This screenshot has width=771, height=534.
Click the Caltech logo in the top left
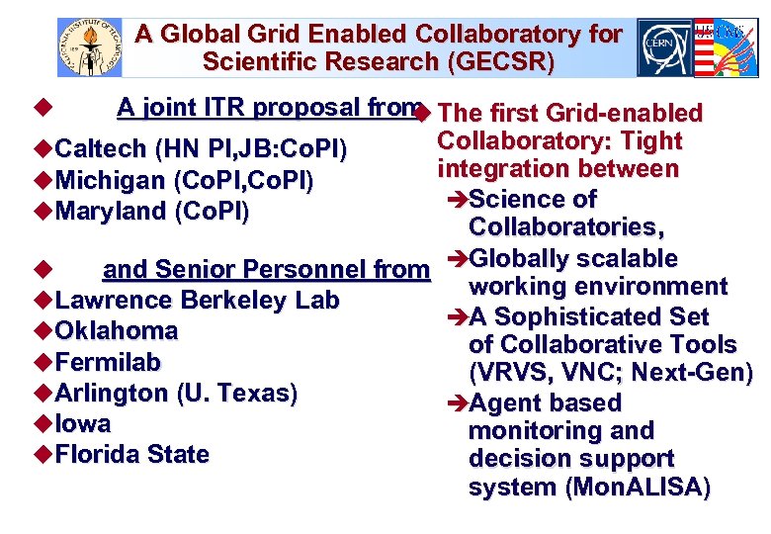[x=90, y=45]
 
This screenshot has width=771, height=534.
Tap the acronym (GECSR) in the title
[x=501, y=61]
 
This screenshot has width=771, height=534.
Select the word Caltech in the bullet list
[x=102, y=150]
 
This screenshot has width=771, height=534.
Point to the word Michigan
[x=111, y=181]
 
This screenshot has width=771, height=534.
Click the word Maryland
[x=112, y=212]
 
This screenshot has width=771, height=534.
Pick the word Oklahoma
[x=118, y=330]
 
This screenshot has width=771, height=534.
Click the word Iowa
[x=84, y=424]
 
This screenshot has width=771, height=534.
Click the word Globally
[x=518, y=259]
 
